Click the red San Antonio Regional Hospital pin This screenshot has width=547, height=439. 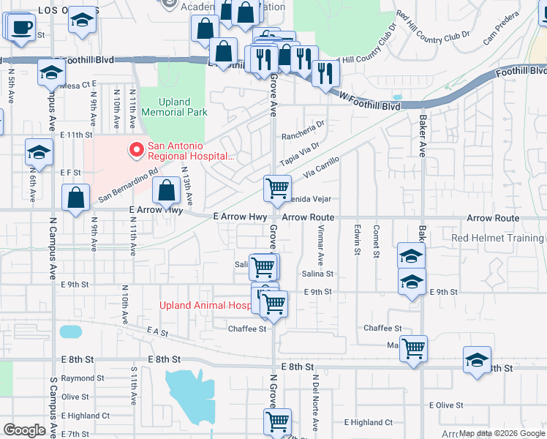[x=135, y=150]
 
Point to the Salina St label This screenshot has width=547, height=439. [x=317, y=274]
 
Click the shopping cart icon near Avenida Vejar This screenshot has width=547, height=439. [x=277, y=188]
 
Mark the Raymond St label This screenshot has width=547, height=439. [x=78, y=378]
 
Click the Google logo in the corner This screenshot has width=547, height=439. [x=25, y=430]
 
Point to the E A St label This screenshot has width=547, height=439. [x=157, y=333]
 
